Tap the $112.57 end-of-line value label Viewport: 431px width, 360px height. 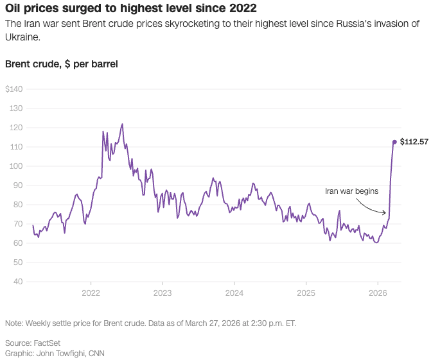[x=414, y=142]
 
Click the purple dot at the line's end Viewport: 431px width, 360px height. [x=394, y=142]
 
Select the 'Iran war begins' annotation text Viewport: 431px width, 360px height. [x=351, y=191]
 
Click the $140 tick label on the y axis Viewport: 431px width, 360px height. [x=13, y=89]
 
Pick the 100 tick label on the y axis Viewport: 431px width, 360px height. [x=16, y=166]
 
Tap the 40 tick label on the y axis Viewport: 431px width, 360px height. [x=18, y=281]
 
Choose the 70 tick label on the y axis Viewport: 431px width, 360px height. [x=18, y=223]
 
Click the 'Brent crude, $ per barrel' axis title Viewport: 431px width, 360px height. [x=61, y=64]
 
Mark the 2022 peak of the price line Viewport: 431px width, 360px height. [x=122, y=124]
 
